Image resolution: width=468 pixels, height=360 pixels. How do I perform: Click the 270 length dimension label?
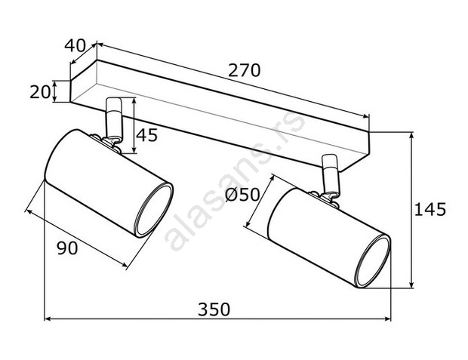244,70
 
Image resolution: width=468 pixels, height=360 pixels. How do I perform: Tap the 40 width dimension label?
75,46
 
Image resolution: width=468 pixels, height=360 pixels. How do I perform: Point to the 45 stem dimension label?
147,135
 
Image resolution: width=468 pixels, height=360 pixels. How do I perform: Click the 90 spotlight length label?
67,248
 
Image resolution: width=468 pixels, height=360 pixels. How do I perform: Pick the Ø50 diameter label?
242,195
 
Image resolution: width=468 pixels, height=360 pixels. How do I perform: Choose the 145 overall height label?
430,209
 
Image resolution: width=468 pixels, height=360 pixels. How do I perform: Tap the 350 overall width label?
214,309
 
